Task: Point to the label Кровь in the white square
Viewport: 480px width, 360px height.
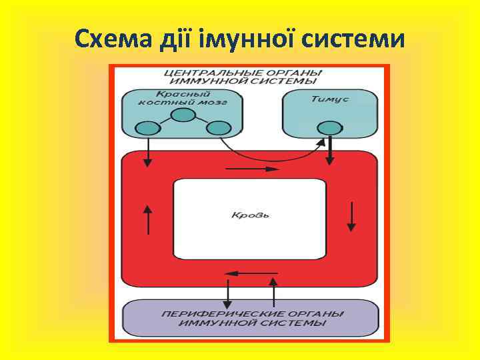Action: [249, 215]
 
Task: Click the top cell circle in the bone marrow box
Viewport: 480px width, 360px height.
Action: [181, 115]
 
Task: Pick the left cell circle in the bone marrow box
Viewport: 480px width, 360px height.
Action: [147, 128]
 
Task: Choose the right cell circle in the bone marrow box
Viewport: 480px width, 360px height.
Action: [217, 128]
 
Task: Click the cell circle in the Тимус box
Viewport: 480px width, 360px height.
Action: [328, 128]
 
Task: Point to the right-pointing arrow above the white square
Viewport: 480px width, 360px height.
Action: [249, 169]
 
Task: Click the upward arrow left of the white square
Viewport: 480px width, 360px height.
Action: [148, 218]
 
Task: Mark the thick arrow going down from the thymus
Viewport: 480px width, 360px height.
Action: [330, 151]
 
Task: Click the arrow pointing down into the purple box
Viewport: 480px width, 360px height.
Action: [228, 292]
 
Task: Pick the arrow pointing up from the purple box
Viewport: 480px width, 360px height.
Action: [273, 292]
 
